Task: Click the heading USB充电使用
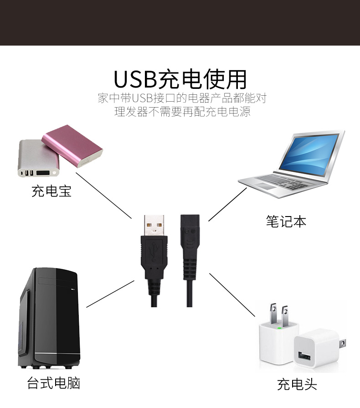point(180,78)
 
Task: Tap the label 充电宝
point(51,191)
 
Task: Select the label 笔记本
point(286,222)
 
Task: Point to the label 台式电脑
point(54,382)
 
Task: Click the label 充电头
point(297,384)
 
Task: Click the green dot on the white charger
point(278,327)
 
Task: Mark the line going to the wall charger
point(232,294)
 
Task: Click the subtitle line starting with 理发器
point(182,112)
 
